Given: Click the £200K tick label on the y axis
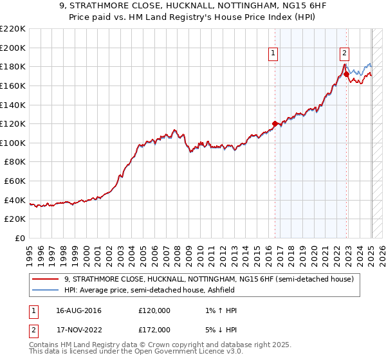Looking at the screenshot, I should point(13,48).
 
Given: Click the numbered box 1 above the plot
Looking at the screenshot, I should point(274,54).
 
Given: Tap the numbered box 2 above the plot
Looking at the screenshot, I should point(345,54).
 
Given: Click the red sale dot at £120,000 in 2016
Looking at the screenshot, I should point(275,123).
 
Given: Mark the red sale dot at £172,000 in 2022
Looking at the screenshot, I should point(346,75).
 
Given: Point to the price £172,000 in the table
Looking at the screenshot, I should point(154,329).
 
